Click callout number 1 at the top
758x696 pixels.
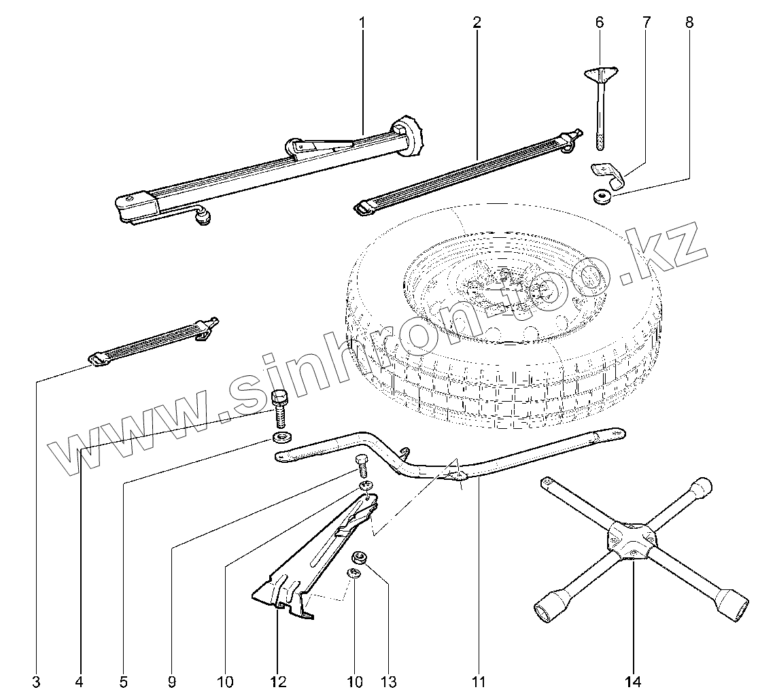click(x=362, y=22)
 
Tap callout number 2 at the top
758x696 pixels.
click(x=477, y=22)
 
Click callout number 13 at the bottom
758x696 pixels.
click(x=388, y=681)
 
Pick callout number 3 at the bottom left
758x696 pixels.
click(x=36, y=681)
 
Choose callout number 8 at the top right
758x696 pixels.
click(x=689, y=22)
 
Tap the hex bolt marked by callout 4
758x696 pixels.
click(x=279, y=404)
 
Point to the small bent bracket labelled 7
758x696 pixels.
click(x=608, y=173)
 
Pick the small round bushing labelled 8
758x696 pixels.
click(x=601, y=196)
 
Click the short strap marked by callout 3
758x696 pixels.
click(x=153, y=338)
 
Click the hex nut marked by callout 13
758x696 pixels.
click(x=360, y=557)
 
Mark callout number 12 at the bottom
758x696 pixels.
click(x=277, y=681)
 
